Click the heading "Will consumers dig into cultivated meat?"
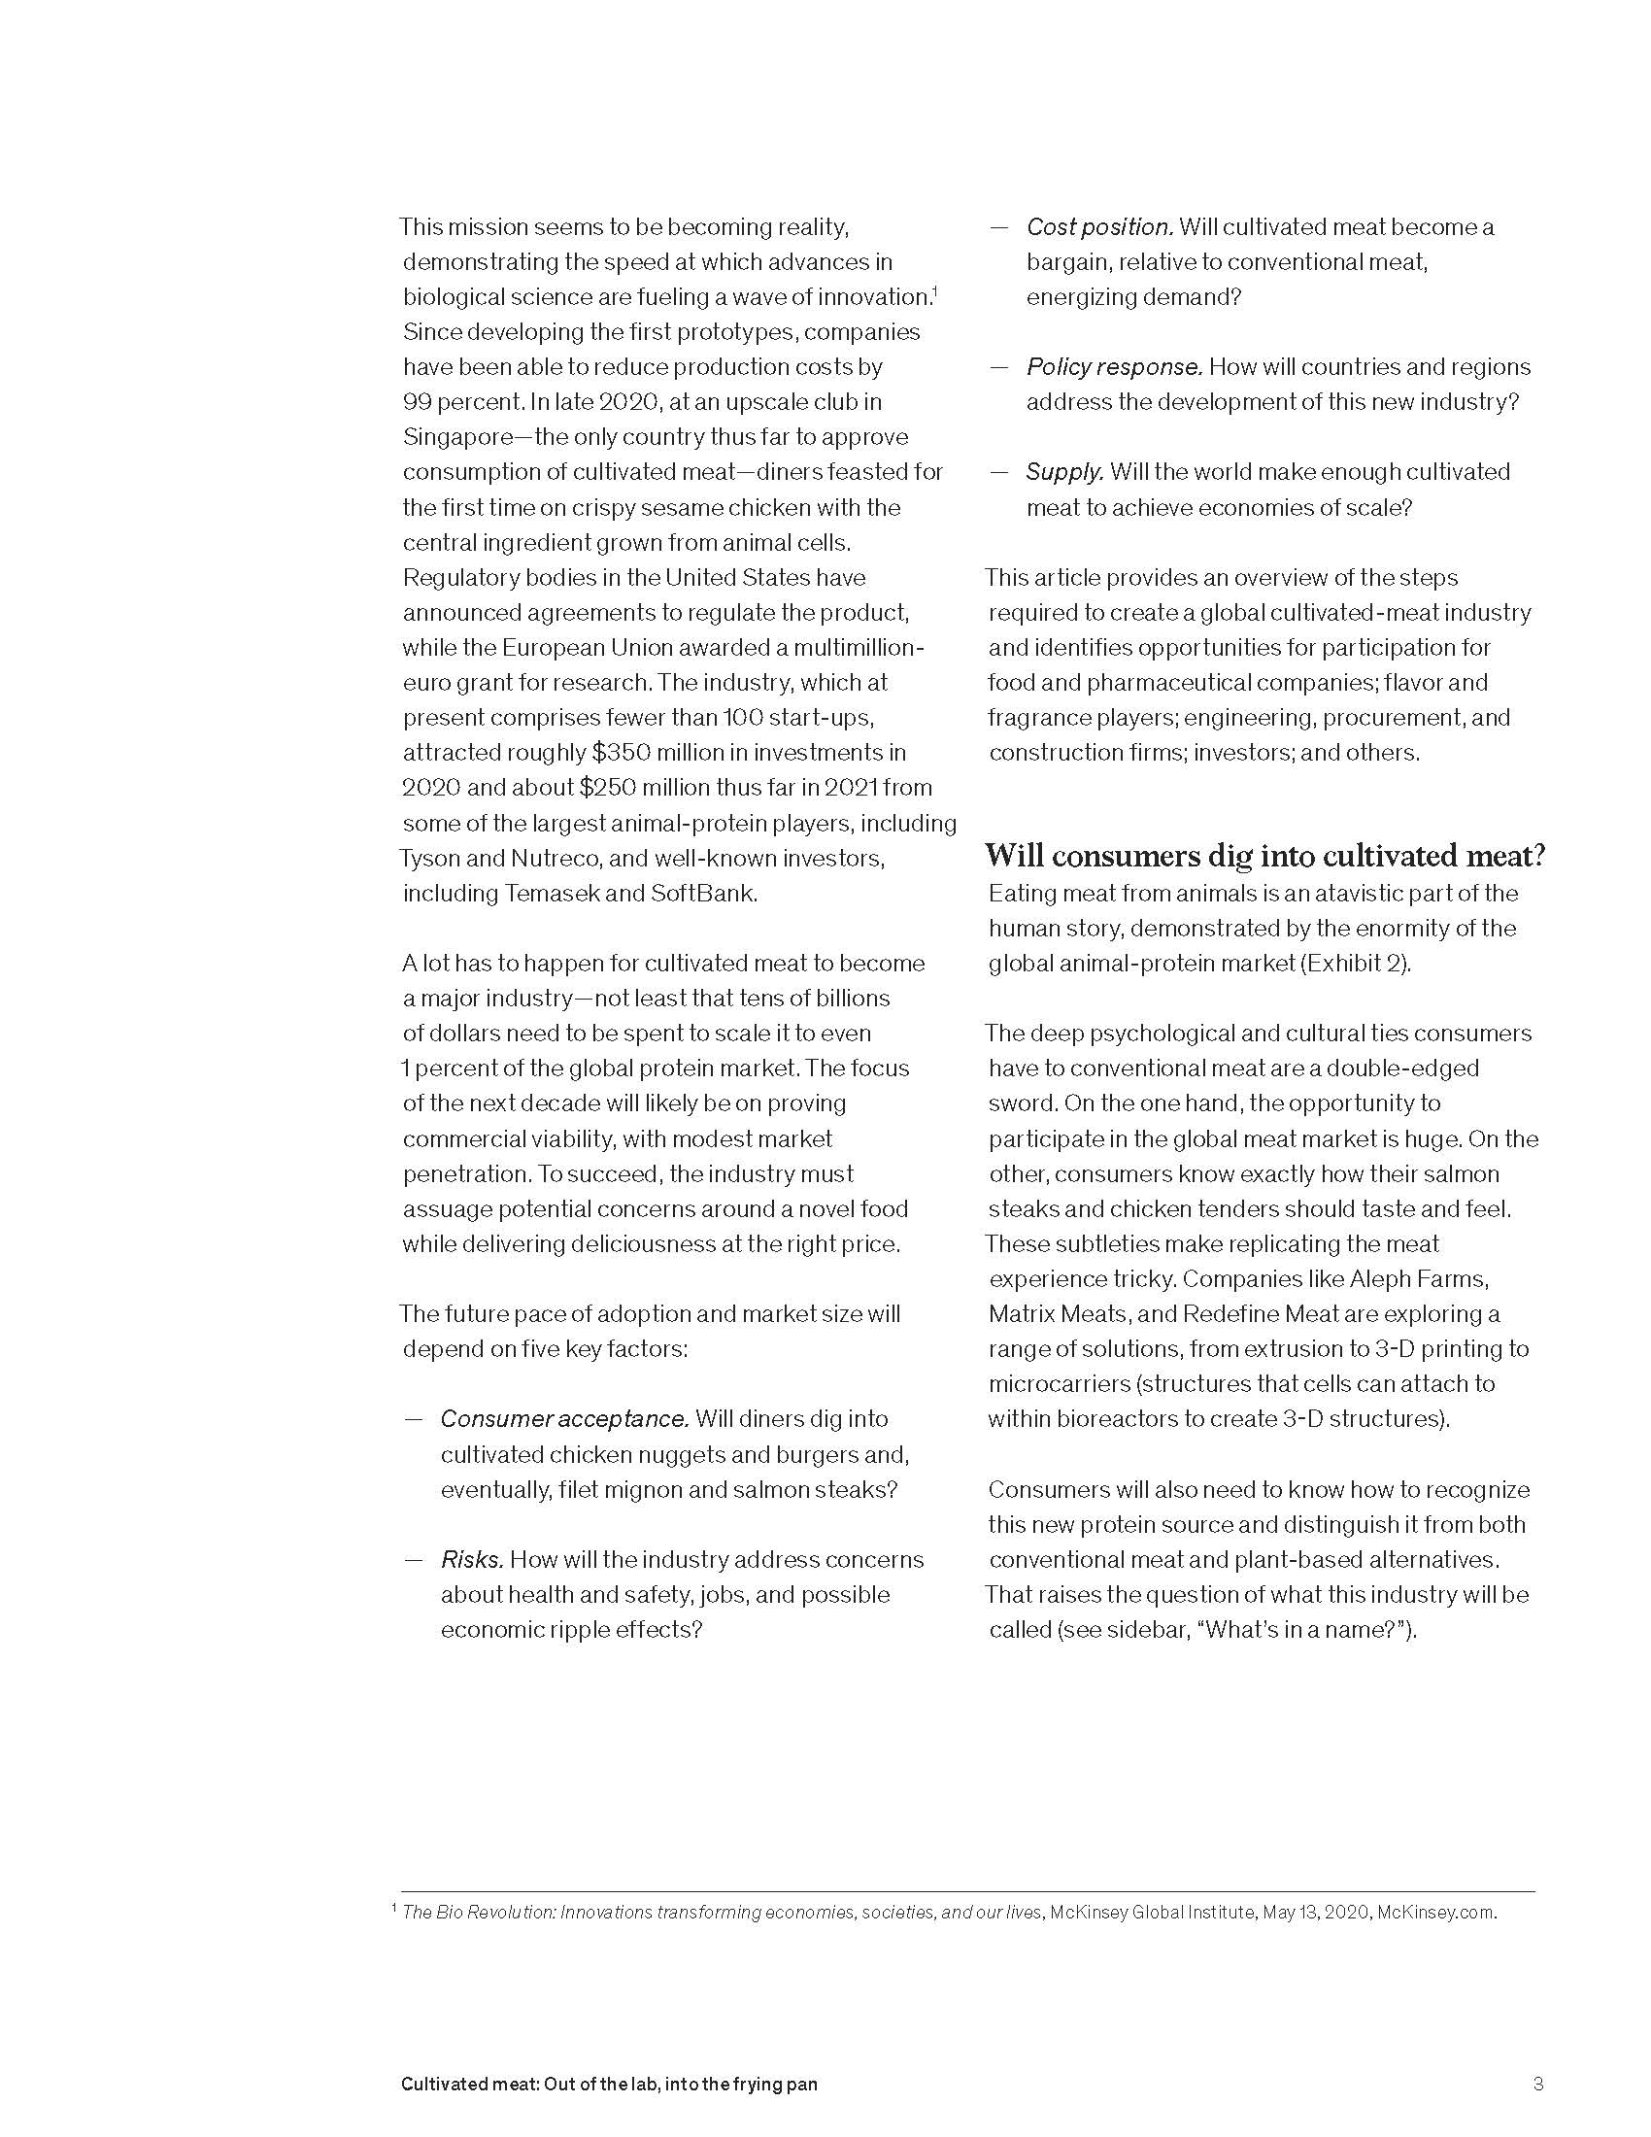(1264, 856)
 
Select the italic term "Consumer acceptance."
(564, 1419)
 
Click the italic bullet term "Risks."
(471, 1560)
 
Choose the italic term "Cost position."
(1098, 227)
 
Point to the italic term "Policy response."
(1113, 367)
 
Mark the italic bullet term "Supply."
(1064, 472)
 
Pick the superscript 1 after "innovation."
(935, 290)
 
